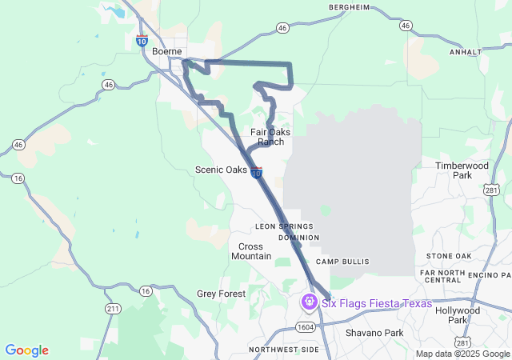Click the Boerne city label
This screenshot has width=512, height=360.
coord(166,51)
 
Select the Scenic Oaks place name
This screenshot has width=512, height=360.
coord(221,170)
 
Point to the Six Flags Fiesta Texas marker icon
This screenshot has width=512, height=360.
coord(309,303)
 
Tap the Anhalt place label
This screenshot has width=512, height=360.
coord(466,51)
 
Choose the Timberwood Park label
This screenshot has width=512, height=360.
coord(462,170)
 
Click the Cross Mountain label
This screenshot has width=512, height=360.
coord(250,251)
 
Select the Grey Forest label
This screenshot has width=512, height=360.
coord(221,294)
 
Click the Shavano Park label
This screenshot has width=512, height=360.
coord(374,332)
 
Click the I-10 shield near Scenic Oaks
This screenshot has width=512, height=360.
coord(255,173)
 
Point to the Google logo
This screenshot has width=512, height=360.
coord(26,350)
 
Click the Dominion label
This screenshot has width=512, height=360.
coord(299,238)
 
